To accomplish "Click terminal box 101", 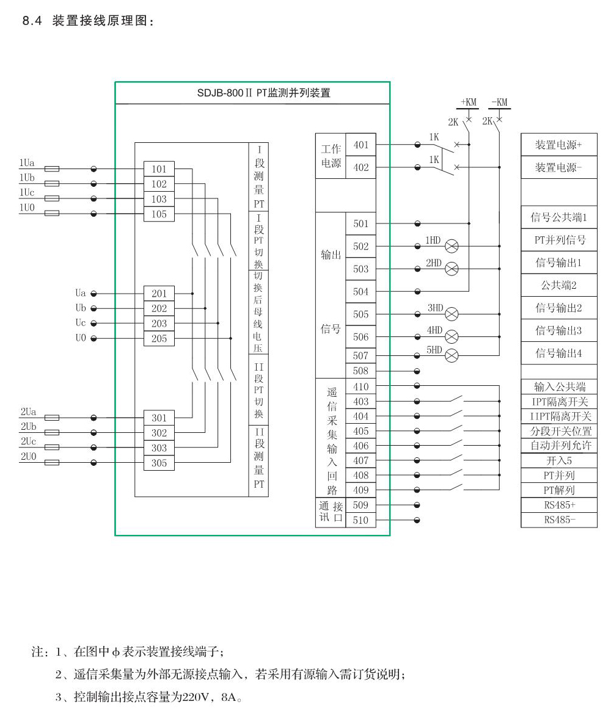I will pyautogui.click(x=159, y=169).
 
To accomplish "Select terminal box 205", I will pyautogui.click(x=159, y=339).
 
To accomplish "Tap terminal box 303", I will pyautogui.click(x=159, y=448).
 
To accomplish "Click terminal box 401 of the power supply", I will pyautogui.click(x=361, y=145).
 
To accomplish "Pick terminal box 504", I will pyautogui.click(x=361, y=292).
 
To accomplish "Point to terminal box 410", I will pyautogui.click(x=361, y=386).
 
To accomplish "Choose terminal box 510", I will pyautogui.click(x=361, y=521).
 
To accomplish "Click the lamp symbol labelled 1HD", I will pyautogui.click(x=452, y=246).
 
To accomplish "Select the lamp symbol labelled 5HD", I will pyautogui.click(x=452, y=355).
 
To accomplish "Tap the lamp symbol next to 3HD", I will pyautogui.click(x=452, y=314).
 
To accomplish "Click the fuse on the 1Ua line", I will pyautogui.click(x=52, y=169).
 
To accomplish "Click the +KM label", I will pyautogui.click(x=469, y=102).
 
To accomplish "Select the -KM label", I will pyautogui.click(x=499, y=102).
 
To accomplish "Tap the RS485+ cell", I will pyautogui.click(x=559, y=506).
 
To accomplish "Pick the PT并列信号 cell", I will pyautogui.click(x=559, y=240).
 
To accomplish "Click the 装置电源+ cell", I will pyautogui.click(x=559, y=145).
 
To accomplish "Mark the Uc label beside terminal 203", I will pyautogui.click(x=81, y=324).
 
